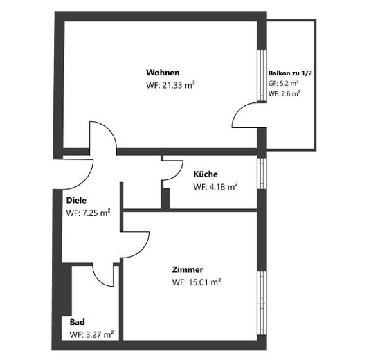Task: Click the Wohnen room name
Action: click(163, 73)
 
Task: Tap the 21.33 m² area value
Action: click(179, 85)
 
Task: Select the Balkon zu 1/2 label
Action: click(290, 73)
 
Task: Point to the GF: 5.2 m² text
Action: click(283, 83)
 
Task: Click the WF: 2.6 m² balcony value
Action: click(284, 93)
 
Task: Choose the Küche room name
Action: click(206, 174)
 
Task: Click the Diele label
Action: click(76, 201)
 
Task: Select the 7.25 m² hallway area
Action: click(96, 213)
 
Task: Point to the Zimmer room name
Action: click(188, 269)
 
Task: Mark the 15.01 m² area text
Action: click(205, 282)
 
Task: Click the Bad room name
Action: click(77, 322)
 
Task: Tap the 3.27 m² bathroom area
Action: click(100, 334)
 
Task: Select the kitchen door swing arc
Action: click(178, 174)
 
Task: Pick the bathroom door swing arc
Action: click(98, 280)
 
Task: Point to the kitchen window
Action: click(262, 174)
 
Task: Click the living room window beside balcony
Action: click(262, 75)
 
